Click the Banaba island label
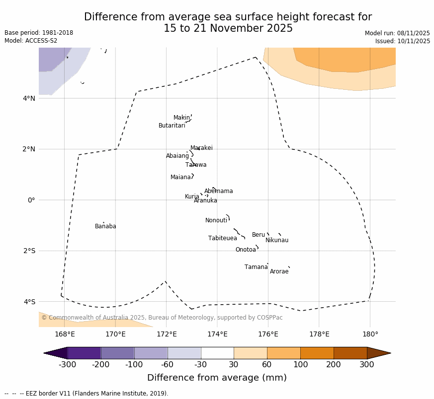pyautogui.click(x=105, y=226)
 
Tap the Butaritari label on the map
pyautogui.click(x=172, y=126)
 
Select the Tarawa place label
pyautogui.click(x=196, y=165)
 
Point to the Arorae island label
pyautogui.click(x=279, y=271)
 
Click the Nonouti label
pyautogui.click(x=216, y=220)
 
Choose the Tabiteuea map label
pyautogui.click(x=222, y=238)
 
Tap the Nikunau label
pyautogui.click(x=277, y=240)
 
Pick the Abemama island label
pyautogui.click(x=218, y=191)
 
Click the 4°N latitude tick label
pyautogui.click(x=29, y=98)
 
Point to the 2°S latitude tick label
pyautogui.click(x=29, y=251)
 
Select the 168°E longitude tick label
pyautogui.click(x=65, y=334)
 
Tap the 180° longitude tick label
pyautogui.click(x=370, y=334)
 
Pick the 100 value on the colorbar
pyautogui.click(x=300, y=365)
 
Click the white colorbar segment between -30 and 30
pyautogui.click(x=217, y=353)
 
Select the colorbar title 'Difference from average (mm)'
pyautogui.click(x=217, y=378)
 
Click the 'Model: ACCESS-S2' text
pyautogui.click(x=31, y=41)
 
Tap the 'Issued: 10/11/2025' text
pyautogui.click(x=402, y=41)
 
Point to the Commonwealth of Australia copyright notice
pyautogui.click(x=162, y=318)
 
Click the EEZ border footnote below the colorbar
pyautogui.click(x=87, y=394)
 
